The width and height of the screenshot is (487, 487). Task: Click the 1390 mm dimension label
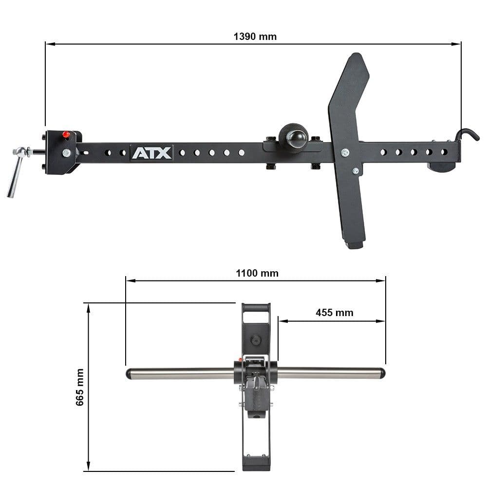(x=255, y=37)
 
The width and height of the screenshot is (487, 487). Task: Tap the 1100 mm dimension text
(x=257, y=273)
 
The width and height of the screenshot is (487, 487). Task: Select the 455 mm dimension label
(x=334, y=313)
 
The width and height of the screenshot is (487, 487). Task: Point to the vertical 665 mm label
(x=80, y=387)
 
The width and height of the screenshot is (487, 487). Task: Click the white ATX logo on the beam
(x=151, y=153)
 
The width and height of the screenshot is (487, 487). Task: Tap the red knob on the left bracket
(x=66, y=135)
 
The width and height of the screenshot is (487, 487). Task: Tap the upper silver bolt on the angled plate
(x=345, y=153)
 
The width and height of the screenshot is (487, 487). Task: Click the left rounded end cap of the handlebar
(x=129, y=374)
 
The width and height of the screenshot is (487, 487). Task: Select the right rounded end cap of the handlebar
(x=382, y=374)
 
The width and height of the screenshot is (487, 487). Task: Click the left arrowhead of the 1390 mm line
(x=48, y=44)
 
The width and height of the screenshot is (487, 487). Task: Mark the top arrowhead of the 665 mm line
(x=88, y=306)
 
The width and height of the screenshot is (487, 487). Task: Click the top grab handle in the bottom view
(x=256, y=308)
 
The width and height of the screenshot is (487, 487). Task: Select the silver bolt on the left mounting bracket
(x=66, y=153)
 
